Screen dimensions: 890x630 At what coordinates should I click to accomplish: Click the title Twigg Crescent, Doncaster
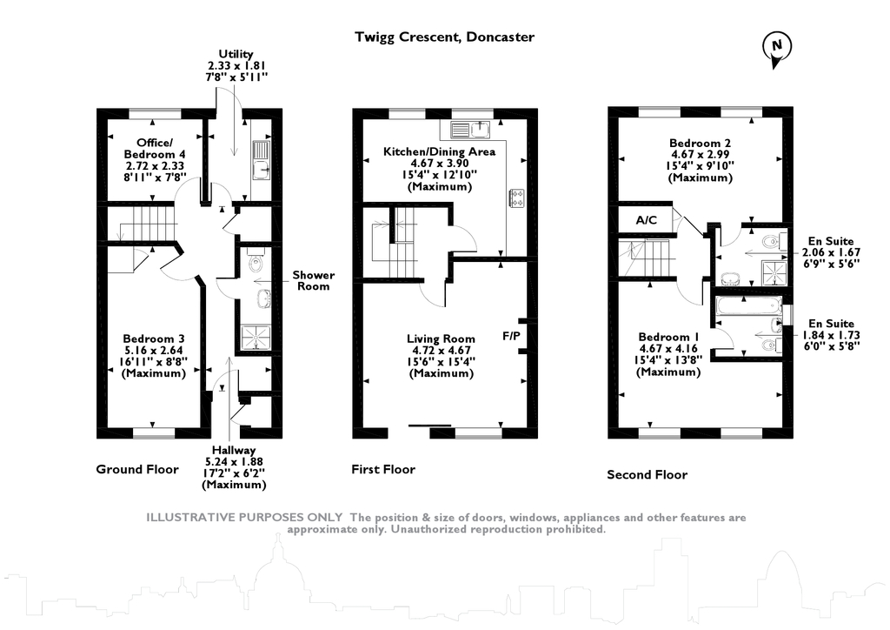pyautogui.click(x=444, y=37)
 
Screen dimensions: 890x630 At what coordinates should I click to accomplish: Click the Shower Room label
pyautogui.click(x=313, y=281)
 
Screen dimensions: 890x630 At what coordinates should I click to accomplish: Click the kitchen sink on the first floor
pyautogui.click(x=470, y=131)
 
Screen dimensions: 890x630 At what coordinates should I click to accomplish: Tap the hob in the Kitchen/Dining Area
pyautogui.click(x=517, y=198)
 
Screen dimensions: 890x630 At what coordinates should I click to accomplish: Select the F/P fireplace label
pyautogui.click(x=511, y=336)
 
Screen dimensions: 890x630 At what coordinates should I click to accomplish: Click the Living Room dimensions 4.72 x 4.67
pyautogui.click(x=441, y=351)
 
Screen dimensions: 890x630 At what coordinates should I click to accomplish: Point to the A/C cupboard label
pyautogui.click(x=647, y=220)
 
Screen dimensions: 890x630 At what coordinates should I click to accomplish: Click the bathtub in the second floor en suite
pyautogui.click(x=739, y=308)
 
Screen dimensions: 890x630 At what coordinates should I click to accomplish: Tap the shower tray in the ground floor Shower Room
pyautogui.click(x=255, y=337)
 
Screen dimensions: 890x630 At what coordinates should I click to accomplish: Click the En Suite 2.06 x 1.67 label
pyautogui.click(x=831, y=252)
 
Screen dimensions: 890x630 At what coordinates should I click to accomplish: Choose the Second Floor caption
pyautogui.click(x=647, y=475)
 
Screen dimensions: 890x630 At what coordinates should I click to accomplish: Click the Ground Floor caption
pyautogui.click(x=137, y=469)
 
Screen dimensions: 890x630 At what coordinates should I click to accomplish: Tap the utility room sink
pyautogui.click(x=262, y=160)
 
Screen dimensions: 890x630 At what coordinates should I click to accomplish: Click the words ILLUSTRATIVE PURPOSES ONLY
pyautogui.click(x=244, y=518)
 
